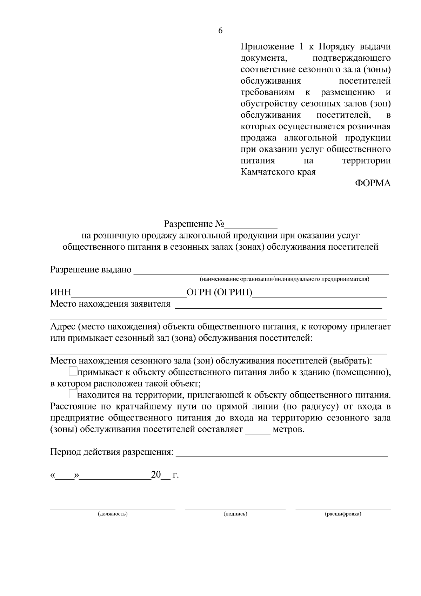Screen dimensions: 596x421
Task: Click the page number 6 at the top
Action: click(220, 31)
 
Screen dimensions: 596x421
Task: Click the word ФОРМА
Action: click(373, 183)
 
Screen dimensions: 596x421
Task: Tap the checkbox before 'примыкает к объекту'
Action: click(73, 371)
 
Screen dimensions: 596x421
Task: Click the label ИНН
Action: click(61, 293)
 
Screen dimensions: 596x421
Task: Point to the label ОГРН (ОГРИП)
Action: click(219, 293)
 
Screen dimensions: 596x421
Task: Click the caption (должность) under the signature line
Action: click(113, 514)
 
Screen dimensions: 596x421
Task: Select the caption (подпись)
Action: click(235, 514)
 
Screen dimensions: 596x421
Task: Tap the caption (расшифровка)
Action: click(343, 514)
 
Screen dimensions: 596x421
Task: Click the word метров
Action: click(288, 430)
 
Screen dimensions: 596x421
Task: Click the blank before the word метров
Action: click(258, 430)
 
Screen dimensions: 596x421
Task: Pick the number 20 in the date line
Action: click(156, 475)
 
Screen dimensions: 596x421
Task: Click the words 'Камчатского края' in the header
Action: click(278, 172)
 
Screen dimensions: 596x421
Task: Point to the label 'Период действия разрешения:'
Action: click(112, 452)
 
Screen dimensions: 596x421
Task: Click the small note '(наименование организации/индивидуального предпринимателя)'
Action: click(284, 279)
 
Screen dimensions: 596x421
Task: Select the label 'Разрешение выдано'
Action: click(91, 270)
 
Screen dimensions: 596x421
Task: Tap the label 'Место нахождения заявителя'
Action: click(110, 304)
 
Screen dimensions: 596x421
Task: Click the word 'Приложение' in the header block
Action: click(267, 47)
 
